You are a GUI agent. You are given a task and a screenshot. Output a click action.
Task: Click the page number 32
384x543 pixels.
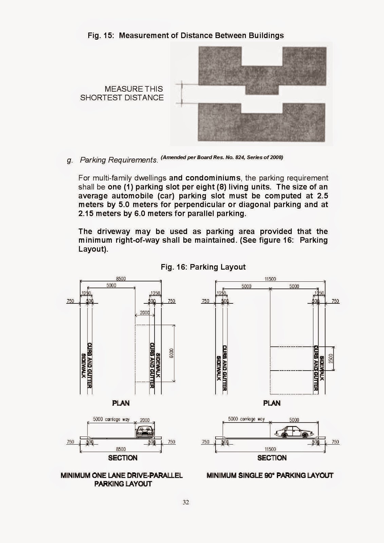coord(186,502)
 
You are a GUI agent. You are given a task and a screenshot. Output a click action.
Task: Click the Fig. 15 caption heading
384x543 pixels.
coord(185,35)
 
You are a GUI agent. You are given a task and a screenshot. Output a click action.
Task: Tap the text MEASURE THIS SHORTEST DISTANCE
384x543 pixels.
coord(122,93)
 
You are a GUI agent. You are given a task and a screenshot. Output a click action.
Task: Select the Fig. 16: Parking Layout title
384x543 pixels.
coord(203,267)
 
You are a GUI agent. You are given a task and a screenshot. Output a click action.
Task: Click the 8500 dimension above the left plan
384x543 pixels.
coord(121,279)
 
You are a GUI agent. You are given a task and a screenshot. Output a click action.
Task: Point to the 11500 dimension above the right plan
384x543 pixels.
coord(270,279)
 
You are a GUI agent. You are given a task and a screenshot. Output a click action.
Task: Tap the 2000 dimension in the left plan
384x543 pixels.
coord(145,313)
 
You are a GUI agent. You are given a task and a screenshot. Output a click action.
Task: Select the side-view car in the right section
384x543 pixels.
coord(294,432)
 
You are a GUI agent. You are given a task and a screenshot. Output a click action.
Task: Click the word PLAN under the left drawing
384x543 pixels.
coord(121,403)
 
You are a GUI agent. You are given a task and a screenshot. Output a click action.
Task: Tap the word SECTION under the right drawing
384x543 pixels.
coord(272,458)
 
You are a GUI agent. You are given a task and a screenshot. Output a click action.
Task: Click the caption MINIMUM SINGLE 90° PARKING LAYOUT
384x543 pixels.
coord(270,475)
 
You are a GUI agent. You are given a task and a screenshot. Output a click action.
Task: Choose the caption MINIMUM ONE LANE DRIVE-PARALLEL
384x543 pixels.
coord(122,475)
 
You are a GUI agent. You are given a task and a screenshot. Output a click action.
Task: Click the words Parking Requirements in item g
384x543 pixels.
coord(119,160)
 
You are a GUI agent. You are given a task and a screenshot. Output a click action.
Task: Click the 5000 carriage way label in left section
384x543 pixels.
coord(111,419)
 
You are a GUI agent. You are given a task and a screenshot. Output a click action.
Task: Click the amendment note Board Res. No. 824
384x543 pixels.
coord(222,157)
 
